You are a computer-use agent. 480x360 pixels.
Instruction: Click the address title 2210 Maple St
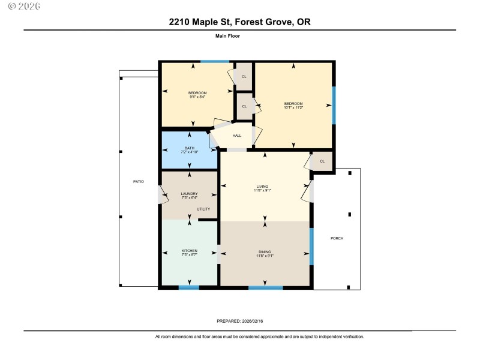239,22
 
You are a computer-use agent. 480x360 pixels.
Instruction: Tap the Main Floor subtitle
227,36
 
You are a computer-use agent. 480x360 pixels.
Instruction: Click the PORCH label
337,238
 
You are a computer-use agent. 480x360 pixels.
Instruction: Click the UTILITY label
204,209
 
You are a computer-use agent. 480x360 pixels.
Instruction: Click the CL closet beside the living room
322,161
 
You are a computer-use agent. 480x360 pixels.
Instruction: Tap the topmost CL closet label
244,77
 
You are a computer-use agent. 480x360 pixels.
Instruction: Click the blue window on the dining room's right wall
311,246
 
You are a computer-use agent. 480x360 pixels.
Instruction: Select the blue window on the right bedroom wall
334,105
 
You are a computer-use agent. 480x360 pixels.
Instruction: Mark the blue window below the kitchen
189,287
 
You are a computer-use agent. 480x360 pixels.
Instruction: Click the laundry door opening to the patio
160,194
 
